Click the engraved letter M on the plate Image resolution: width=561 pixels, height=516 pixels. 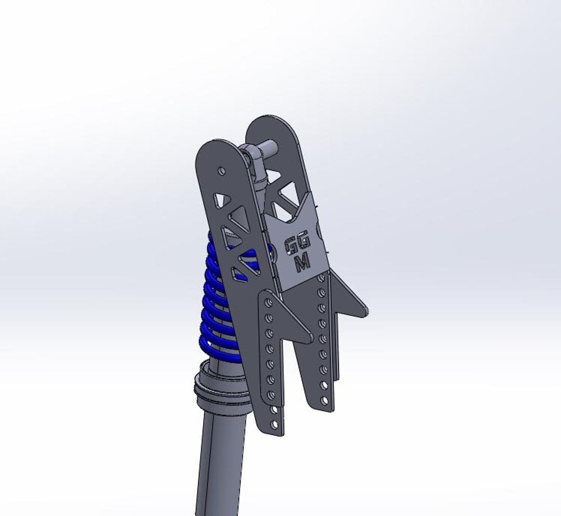[302, 262]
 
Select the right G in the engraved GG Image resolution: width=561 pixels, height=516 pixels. [305, 242]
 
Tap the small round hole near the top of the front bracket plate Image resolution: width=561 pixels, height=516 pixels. [222, 170]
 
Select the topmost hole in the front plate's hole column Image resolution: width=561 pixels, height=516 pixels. [268, 301]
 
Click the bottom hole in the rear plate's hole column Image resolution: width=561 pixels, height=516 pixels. [325, 400]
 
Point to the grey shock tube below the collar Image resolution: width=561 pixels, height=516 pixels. [218, 462]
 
